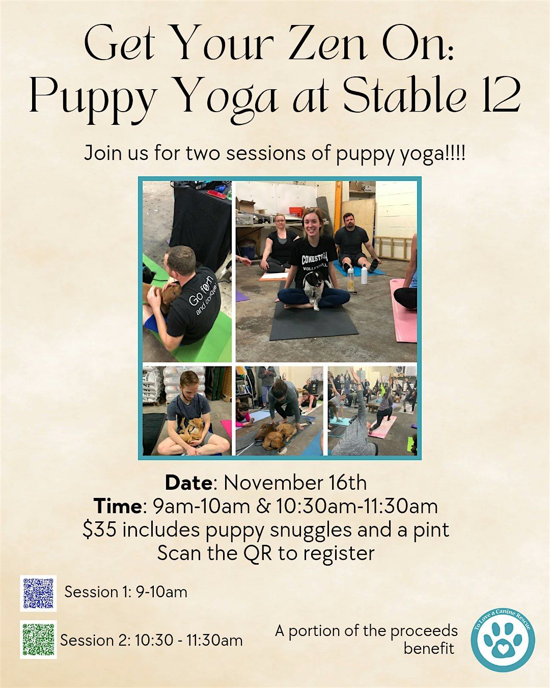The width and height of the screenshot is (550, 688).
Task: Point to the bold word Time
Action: (x=117, y=506)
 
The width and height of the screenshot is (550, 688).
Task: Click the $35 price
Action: (x=100, y=530)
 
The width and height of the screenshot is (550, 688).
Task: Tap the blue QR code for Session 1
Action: (x=38, y=593)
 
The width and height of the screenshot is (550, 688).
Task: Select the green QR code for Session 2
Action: (x=38, y=639)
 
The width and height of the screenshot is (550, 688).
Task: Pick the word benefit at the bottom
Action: (x=429, y=648)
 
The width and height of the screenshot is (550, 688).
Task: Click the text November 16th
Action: (x=295, y=483)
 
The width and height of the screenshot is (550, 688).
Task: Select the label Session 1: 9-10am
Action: (x=126, y=592)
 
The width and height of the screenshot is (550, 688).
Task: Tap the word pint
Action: (x=430, y=530)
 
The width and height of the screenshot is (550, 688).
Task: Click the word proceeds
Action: (x=426, y=631)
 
